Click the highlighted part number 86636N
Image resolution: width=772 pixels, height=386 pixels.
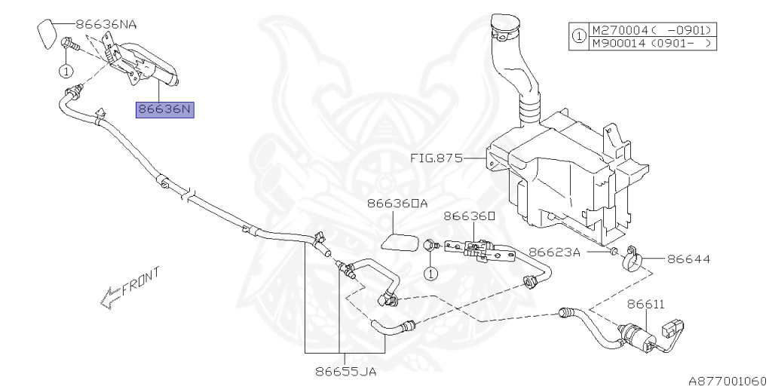click(165, 110)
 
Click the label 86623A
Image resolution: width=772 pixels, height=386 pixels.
click(553, 253)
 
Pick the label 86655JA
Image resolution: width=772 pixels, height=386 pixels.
click(346, 370)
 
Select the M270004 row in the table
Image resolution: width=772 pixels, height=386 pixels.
click(652, 30)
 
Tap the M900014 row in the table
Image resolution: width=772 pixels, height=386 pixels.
click(652, 44)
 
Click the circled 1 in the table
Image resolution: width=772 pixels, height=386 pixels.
click(578, 37)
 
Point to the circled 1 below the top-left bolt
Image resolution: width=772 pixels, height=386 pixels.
click(66, 72)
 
